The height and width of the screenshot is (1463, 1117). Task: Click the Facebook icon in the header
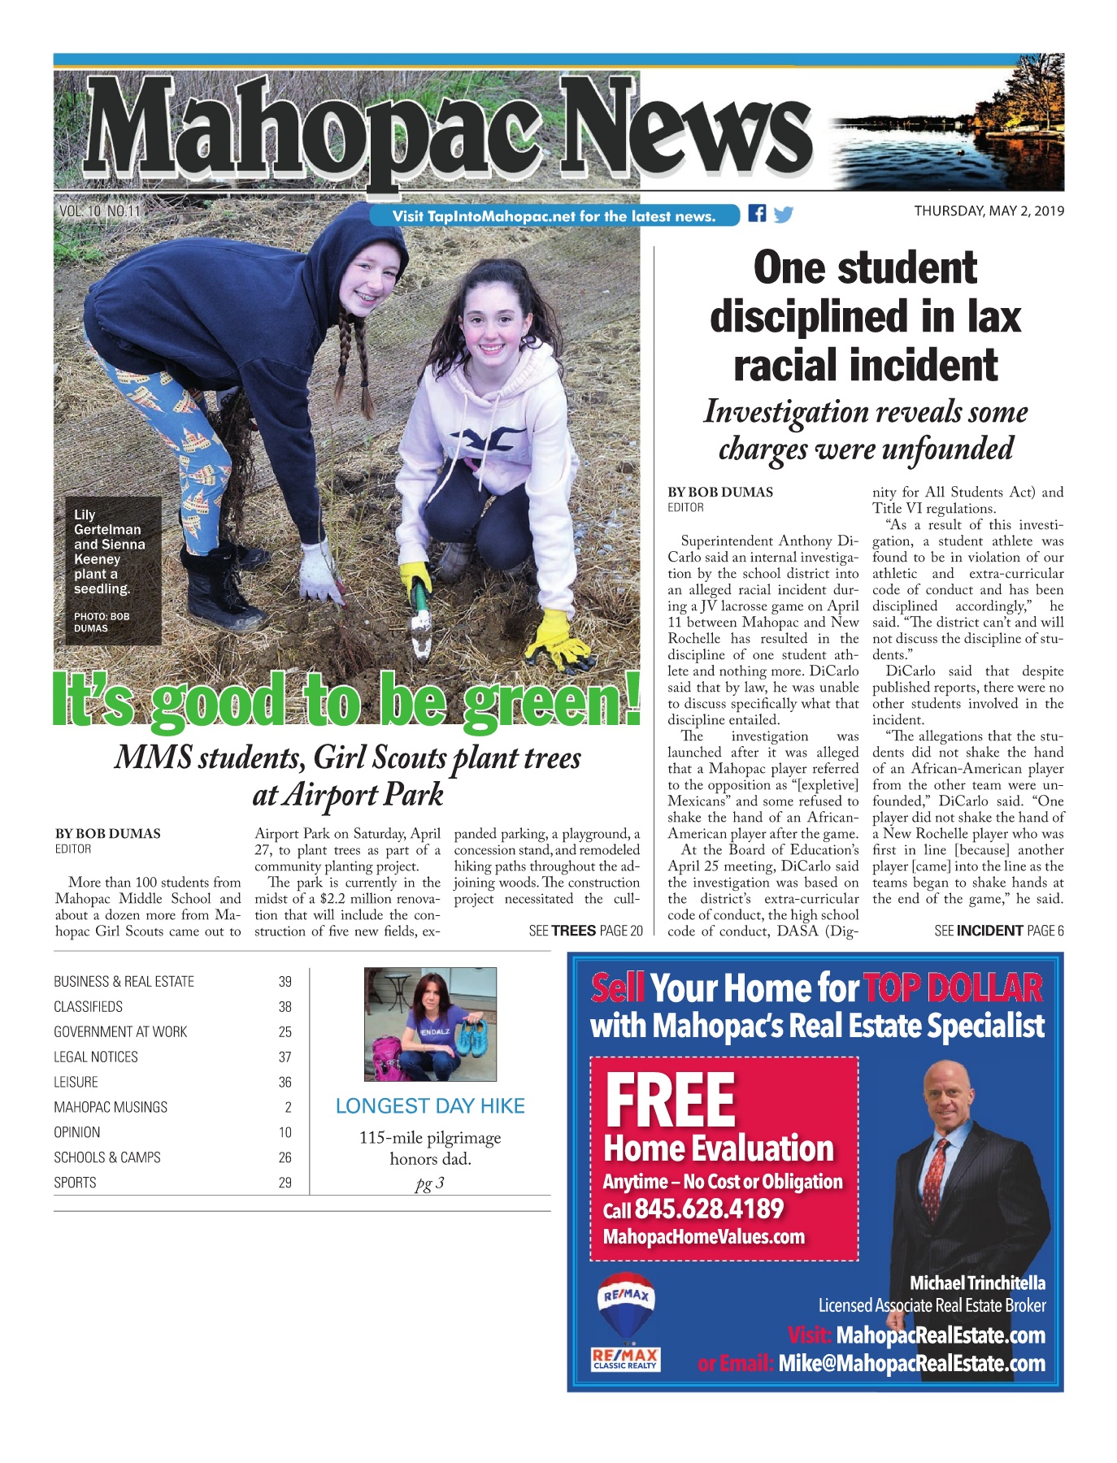[757, 214]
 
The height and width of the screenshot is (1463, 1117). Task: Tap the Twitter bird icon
[783, 215]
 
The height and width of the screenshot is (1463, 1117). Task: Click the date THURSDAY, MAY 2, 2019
[989, 211]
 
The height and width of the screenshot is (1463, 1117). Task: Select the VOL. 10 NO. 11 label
[99, 211]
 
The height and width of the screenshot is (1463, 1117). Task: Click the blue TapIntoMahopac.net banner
[554, 216]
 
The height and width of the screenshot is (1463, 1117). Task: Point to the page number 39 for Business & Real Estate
[285, 982]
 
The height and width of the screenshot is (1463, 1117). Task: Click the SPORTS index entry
[75, 1183]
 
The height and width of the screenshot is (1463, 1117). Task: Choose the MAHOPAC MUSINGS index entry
[111, 1107]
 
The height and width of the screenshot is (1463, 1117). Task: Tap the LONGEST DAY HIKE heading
[430, 1106]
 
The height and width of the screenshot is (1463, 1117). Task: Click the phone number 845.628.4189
[708, 1209]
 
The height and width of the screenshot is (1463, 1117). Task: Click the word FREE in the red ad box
[671, 1100]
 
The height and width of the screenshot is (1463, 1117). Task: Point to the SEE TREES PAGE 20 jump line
[585, 931]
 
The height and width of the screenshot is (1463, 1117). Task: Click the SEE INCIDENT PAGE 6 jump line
[998, 931]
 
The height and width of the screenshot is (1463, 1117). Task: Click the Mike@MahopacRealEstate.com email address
[911, 1364]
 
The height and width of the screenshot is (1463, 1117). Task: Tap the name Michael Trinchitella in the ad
[977, 1283]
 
